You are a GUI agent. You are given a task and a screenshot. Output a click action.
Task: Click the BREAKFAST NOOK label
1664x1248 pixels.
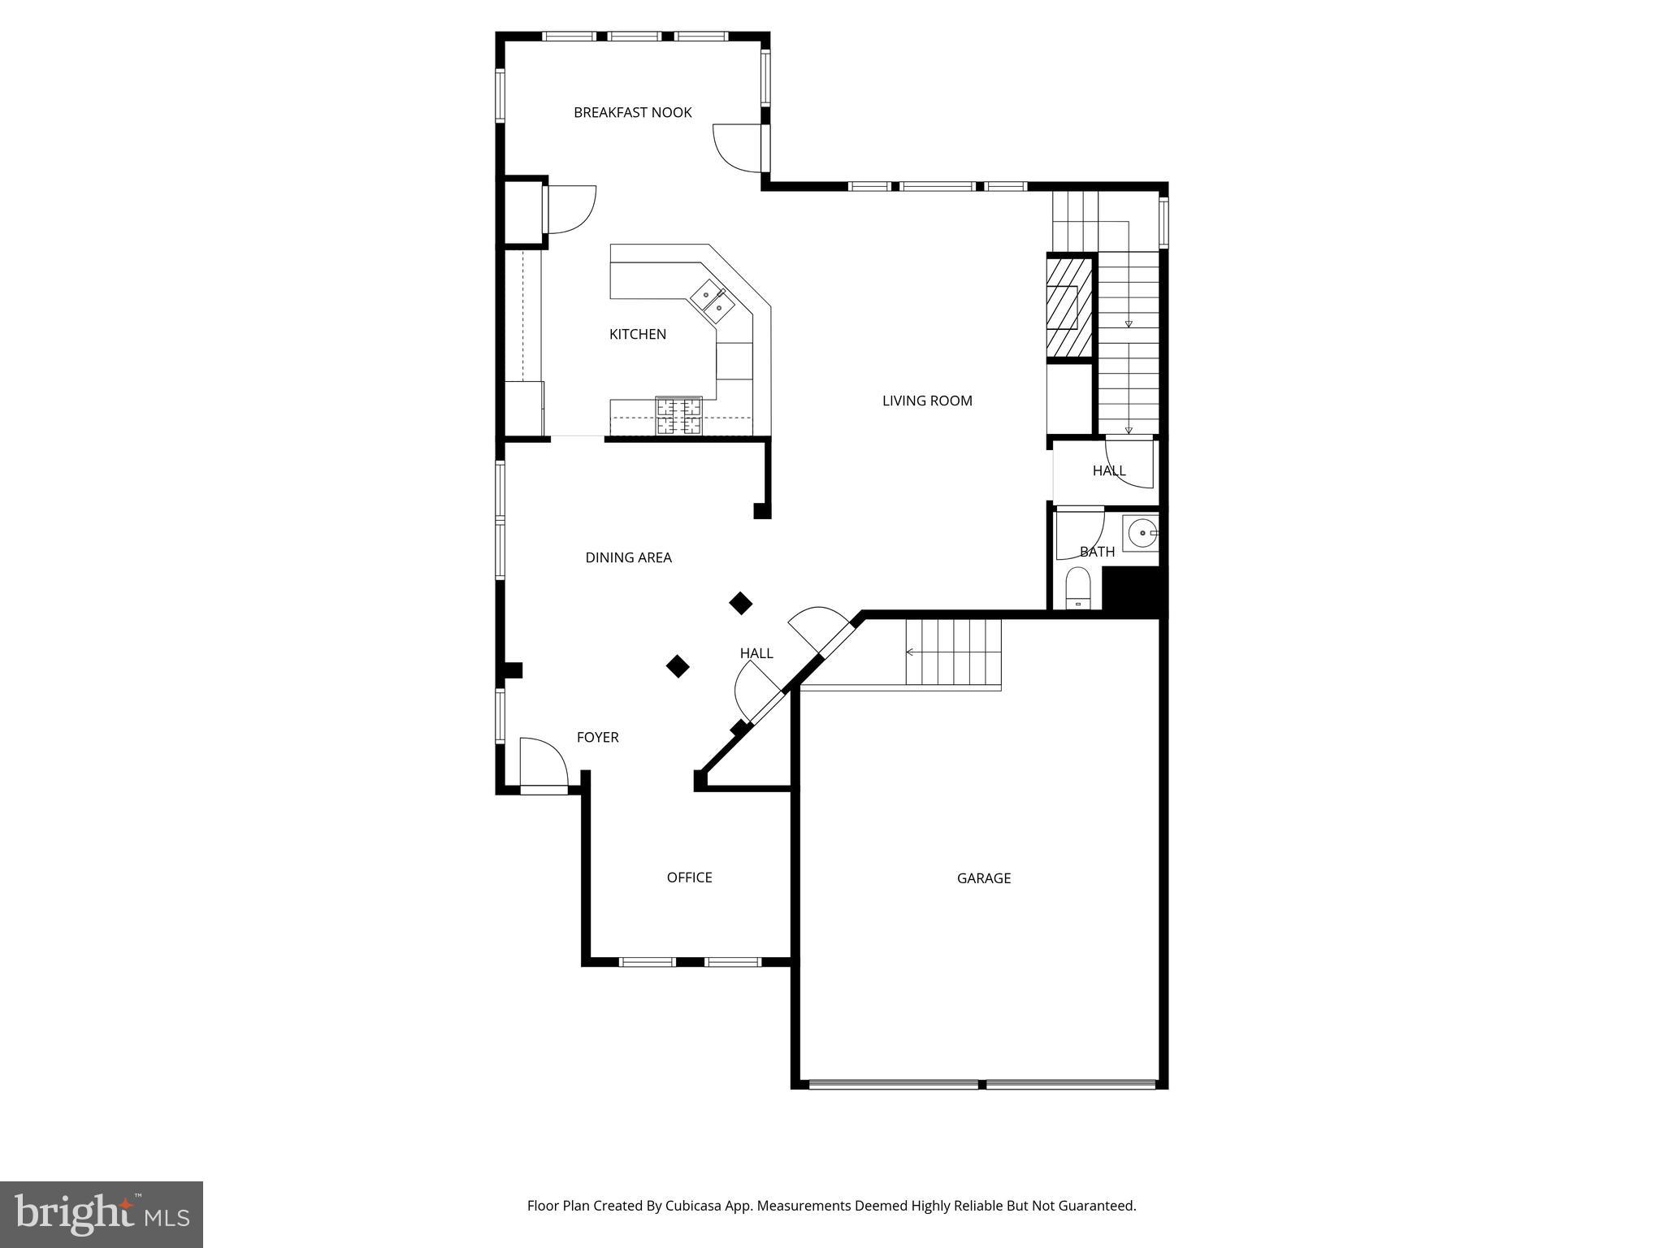(632, 113)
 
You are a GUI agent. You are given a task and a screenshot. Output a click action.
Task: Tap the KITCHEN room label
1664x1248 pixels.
(637, 334)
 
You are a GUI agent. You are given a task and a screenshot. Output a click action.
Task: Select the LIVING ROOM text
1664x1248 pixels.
(927, 401)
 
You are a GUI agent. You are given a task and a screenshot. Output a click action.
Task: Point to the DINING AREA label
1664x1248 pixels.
(628, 557)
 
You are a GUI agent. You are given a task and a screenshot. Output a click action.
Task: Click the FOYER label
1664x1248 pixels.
(597, 738)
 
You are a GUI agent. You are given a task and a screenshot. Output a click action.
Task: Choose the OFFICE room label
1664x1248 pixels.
(689, 877)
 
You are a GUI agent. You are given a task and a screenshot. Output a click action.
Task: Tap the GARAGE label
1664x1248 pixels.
(983, 878)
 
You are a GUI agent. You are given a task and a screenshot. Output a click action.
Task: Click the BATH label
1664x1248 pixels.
(1097, 552)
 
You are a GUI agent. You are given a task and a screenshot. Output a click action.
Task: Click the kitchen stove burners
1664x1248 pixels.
(678, 416)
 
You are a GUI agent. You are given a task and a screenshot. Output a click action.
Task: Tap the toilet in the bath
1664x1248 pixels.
(1077, 587)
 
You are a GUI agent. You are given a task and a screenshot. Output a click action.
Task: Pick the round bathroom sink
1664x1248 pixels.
(1142, 533)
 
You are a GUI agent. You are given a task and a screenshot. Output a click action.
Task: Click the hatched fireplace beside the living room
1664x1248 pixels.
(1068, 307)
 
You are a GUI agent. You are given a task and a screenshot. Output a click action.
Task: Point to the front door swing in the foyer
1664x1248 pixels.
(543, 762)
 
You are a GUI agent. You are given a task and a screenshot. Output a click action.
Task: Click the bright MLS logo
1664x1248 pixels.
(102, 1215)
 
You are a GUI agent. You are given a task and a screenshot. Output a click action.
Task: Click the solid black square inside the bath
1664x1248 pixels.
(1133, 591)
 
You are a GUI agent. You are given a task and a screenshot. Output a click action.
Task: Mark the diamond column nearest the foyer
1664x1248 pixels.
(678, 667)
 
